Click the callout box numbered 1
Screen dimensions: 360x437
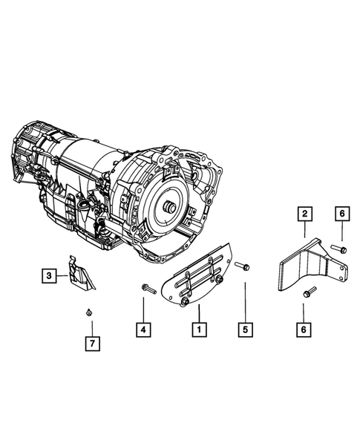[199, 329]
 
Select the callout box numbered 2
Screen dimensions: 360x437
[304, 214]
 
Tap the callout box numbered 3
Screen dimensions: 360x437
[49, 276]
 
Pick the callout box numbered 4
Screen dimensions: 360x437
[143, 330]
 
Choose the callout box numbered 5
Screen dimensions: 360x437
[246, 329]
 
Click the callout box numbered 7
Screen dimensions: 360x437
[93, 344]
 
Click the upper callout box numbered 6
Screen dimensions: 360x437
[342, 214]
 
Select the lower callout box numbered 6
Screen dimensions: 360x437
[304, 329]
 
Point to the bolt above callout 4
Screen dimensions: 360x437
[149, 289]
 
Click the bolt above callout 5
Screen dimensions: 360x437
[242, 266]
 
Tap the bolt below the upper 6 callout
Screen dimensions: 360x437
[338, 249]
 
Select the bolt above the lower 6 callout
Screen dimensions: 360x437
[310, 292]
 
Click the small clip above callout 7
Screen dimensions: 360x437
[88, 312]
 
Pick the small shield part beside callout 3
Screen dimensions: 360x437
[82, 273]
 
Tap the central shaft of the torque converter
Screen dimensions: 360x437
[169, 208]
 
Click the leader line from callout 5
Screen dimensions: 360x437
[246, 303]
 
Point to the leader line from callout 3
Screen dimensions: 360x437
[62, 276]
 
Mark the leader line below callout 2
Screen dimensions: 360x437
[304, 229]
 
